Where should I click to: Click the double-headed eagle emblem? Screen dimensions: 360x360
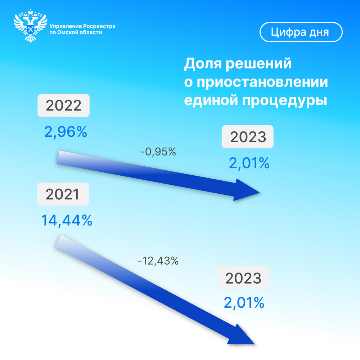click(x=30, y=26)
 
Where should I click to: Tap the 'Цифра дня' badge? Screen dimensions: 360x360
click(x=301, y=32)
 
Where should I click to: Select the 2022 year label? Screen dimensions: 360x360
click(x=63, y=105)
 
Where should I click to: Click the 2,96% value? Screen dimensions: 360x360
click(x=66, y=132)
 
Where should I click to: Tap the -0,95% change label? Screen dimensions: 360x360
click(x=158, y=152)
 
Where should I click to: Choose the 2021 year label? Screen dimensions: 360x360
click(x=63, y=194)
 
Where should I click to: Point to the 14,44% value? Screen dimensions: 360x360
click(x=66, y=220)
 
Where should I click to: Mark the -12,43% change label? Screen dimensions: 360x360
click(x=158, y=261)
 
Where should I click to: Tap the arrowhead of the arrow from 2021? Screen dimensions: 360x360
click(x=240, y=335)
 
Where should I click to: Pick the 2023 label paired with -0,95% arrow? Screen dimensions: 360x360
click(x=248, y=137)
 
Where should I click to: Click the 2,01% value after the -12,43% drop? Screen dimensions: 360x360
click(x=244, y=303)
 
